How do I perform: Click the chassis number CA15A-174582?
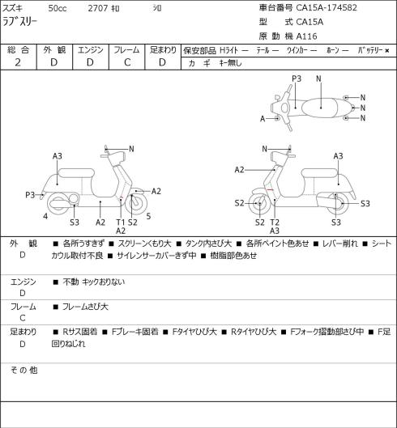(327, 7)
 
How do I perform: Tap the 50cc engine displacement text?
(58, 8)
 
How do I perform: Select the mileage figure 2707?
(97, 8)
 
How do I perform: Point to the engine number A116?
(307, 36)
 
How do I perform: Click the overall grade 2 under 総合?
(18, 62)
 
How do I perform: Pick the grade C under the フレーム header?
(127, 62)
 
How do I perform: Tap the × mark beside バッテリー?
(387, 50)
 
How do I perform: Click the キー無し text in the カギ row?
(230, 63)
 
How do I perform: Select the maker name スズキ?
(13, 8)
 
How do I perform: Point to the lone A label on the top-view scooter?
(263, 119)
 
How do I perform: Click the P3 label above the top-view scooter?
(297, 78)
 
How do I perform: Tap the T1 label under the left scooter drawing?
(120, 222)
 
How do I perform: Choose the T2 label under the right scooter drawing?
(275, 222)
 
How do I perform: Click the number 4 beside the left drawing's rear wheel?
(45, 216)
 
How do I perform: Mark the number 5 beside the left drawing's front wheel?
(148, 216)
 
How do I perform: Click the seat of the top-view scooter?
(319, 108)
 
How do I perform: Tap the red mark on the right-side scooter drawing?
(270, 189)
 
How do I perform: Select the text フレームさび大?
(85, 307)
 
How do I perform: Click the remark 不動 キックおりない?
(93, 282)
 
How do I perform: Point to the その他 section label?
(23, 370)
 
